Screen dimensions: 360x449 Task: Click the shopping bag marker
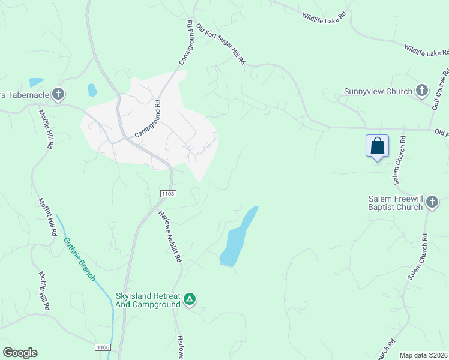[377, 146]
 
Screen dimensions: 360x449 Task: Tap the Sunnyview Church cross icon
[422, 91]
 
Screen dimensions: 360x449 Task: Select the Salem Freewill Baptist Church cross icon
[432, 203]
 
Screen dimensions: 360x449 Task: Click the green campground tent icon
[190, 299]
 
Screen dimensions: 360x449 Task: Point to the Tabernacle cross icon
[58, 94]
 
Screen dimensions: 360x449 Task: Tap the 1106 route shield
[103, 347]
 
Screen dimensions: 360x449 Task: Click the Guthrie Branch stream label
[79, 259]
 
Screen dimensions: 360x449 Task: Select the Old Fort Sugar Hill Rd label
[221, 43]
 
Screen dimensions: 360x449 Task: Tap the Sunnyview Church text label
[378, 92]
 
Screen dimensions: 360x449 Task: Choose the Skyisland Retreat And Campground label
[148, 300]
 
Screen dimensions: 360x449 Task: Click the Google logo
[20, 353]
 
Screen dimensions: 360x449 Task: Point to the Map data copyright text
[424, 355]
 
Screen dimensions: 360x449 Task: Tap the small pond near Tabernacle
[37, 82]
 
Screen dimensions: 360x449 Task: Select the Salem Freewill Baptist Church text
[396, 203]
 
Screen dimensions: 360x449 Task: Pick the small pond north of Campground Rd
[92, 90]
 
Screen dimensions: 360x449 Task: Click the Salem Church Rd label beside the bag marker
[400, 160]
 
